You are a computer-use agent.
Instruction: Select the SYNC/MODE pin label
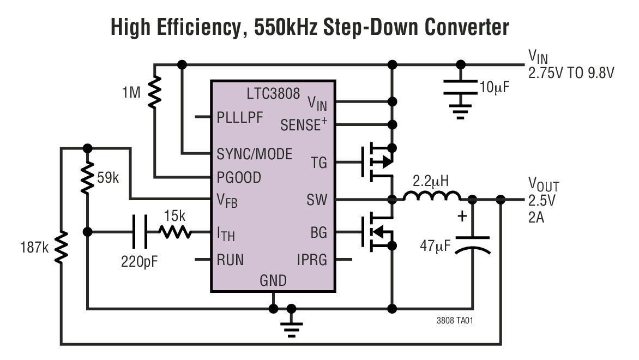(254, 153)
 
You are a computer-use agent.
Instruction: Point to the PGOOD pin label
(239, 177)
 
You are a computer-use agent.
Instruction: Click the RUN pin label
(230, 260)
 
